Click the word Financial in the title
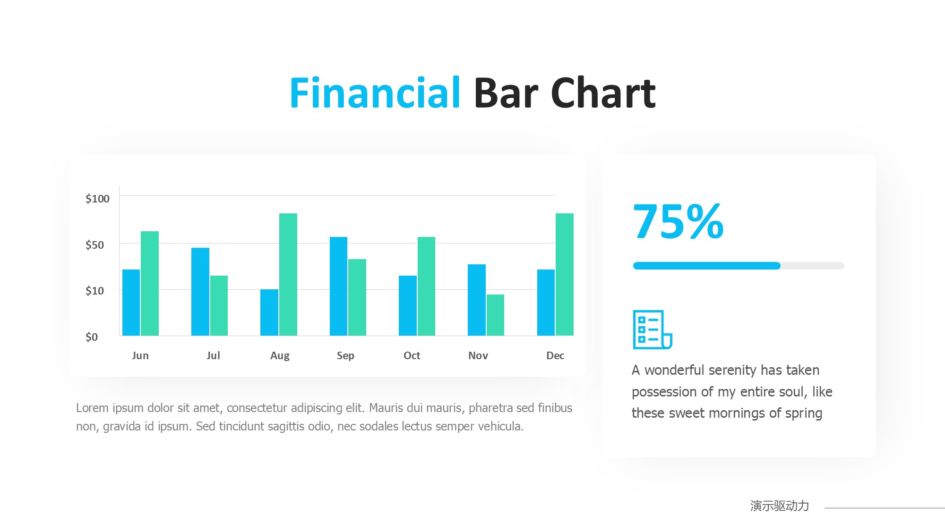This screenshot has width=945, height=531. [x=375, y=93]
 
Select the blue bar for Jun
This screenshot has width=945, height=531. [x=131, y=303]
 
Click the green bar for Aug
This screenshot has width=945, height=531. [x=288, y=274]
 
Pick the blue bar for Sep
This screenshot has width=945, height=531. [x=338, y=286]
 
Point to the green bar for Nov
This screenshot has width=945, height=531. [x=495, y=315]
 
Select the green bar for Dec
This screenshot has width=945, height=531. [x=565, y=274]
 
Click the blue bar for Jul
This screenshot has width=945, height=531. [x=200, y=292]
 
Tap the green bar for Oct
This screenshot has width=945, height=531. [x=426, y=286]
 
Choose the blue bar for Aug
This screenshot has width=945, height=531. [x=269, y=312]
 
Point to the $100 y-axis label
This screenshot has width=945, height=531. [x=97, y=199]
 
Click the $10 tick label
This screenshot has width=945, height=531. [x=94, y=291]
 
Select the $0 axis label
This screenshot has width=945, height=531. [x=92, y=337]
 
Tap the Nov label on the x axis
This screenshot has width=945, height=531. [x=478, y=355]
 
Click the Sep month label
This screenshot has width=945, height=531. [x=345, y=356]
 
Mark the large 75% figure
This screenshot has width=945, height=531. [x=679, y=221]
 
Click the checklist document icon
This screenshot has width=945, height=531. [x=653, y=329]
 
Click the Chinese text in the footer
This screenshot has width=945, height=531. [x=780, y=506]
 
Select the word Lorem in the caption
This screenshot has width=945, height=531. [x=93, y=408]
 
